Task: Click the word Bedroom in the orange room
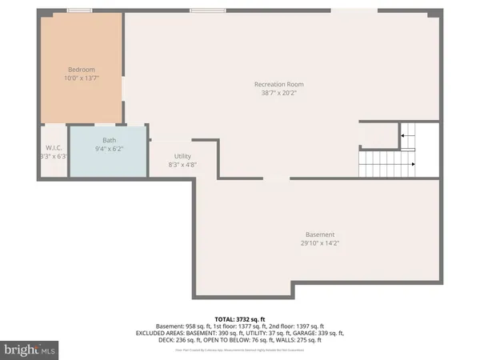[x=80, y=69]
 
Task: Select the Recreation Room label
[x=278, y=84]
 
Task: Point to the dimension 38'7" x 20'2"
[x=278, y=93]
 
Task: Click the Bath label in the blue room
[x=108, y=140]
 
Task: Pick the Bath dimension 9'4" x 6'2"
[x=108, y=149]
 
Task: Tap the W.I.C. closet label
[x=54, y=148]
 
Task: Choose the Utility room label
[x=182, y=156]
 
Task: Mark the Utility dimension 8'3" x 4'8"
[x=182, y=165]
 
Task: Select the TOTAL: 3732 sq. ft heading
[x=240, y=318]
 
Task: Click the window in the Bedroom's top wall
[x=78, y=10]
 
